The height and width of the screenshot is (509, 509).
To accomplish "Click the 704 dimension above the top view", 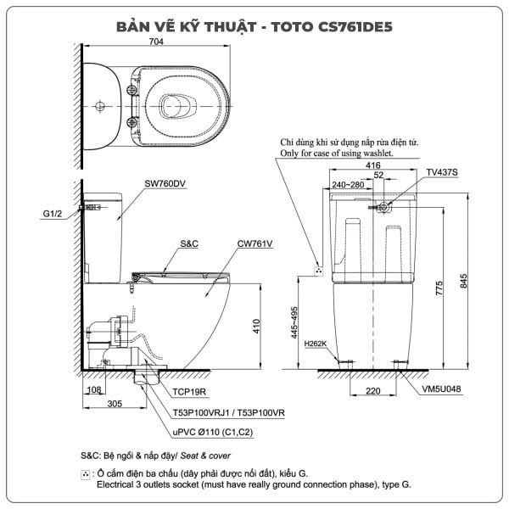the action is (156, 42).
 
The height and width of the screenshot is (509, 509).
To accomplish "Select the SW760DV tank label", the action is (165, 183).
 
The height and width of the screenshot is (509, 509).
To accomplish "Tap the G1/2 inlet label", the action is (53, 214).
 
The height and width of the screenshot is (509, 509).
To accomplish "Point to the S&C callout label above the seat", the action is (189, 243).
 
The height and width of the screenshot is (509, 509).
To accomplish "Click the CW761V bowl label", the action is (255, 243).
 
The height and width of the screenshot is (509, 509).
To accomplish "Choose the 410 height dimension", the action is (256, 327).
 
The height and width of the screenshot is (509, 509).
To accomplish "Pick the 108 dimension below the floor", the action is (94, 389).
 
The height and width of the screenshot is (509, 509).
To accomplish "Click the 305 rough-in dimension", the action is (115, 404).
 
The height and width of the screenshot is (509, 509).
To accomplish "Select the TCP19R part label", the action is (189, 392).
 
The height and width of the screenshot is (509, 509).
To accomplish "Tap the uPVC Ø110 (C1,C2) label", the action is (213, 432).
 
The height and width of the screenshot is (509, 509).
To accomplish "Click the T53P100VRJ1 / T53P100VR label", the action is (228, 413).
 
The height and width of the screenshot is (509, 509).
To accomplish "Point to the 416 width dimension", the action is (373, 165).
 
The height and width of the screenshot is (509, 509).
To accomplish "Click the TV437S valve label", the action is (442, 172).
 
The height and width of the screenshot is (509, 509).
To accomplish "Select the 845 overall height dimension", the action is (463, 281).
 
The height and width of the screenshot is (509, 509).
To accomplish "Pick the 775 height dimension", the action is (439, 288).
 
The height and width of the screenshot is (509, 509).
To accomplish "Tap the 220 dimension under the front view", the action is (373, 391).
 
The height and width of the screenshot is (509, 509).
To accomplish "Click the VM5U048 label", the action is (441, 389).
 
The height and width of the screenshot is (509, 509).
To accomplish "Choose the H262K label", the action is (316, 344).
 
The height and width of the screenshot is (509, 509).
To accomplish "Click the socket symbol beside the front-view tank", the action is (319, 271).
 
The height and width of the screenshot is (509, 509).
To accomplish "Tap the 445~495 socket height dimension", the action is (294, 322).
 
